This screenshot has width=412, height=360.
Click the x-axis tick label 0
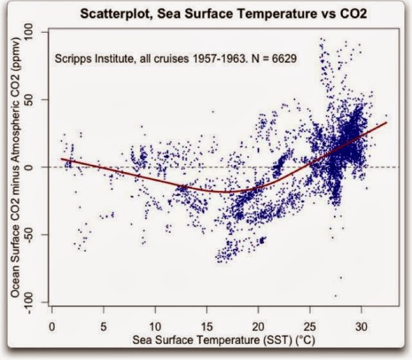coord(52,326)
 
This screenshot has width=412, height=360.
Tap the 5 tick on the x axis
coord(104,326)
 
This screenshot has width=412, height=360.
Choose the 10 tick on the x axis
coord(155,326)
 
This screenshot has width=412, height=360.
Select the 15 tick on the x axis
coord(207,326)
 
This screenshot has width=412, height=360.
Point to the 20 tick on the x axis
coord(258,326)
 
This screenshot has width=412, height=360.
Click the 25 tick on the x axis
coord(310,326)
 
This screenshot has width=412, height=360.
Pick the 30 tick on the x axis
coord(361,326)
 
